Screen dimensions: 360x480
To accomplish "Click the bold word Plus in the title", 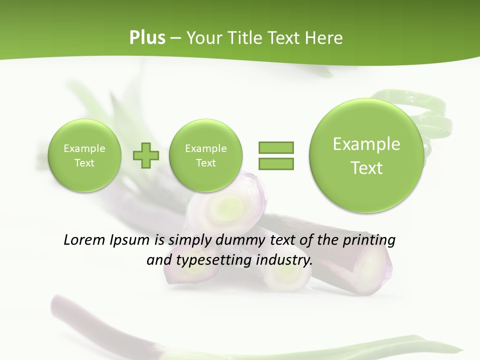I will [x=147, y=38].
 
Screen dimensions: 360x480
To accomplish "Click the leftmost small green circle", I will [x=84, y=155].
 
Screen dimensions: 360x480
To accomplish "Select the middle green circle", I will [x=205, y=155].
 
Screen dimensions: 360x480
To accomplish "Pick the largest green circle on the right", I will [x=366, y=155].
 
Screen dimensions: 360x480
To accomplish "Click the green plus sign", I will [x=146, y=155].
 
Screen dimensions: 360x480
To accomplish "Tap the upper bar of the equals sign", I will [x=276, y=148].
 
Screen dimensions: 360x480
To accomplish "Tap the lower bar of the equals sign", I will [x=276, y=163].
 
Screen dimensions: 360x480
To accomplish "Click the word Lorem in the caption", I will [x=85, y=240].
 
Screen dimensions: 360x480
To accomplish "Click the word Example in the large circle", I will [x=366, y=144].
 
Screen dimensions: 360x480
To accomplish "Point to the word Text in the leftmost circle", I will [x=84, y=163].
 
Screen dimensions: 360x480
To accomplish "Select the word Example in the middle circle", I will [x=205, y=148].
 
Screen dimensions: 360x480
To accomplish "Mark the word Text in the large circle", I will [x=366, y=168].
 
